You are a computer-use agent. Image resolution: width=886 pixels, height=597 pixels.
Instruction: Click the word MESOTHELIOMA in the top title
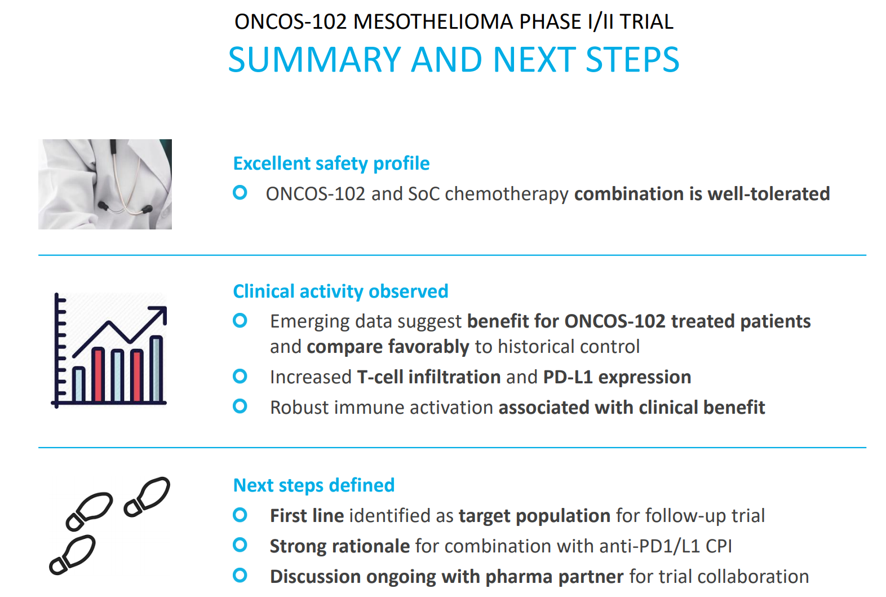(433, 21)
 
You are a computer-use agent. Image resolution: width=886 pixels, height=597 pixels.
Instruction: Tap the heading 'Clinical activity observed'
(340, 291)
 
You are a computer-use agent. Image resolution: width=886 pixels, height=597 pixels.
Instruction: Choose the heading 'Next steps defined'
(314, 485)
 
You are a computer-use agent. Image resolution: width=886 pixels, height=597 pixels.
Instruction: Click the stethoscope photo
(105, 184)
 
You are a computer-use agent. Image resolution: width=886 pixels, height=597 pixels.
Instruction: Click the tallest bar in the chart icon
(156, 369)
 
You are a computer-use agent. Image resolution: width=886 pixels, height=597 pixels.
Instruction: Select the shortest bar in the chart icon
(78, 384)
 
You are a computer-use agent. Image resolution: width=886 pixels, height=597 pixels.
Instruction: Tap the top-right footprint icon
(147, 497)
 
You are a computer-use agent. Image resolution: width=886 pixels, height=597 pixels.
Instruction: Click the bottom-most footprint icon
(72, 555)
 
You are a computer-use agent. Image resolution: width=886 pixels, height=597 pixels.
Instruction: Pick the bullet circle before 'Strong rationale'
(240, 545)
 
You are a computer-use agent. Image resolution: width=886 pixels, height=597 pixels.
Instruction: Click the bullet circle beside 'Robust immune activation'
(240, 406)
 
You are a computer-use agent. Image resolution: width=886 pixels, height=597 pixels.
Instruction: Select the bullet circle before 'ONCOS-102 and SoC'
(240, 193)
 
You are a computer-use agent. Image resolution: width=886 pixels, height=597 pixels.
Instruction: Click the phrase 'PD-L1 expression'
(617, 378)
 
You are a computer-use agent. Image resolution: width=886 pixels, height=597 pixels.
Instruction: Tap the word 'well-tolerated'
(768, 194)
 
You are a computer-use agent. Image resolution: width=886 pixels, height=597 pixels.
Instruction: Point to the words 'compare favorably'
(388, 347)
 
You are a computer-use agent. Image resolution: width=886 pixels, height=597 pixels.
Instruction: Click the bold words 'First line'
(307, 516)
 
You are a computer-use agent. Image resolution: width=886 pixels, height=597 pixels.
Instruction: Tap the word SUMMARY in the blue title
(315, 60)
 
